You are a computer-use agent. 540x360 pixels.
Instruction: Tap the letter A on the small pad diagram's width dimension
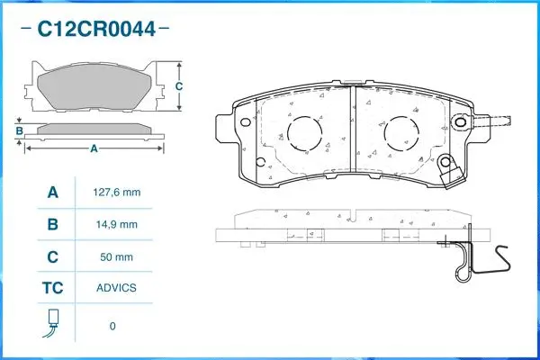point(94,148)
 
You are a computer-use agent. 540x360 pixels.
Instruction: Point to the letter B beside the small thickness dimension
point(19,132)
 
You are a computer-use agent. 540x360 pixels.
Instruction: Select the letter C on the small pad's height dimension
point(179,86)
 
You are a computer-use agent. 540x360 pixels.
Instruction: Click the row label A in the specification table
point(53,193)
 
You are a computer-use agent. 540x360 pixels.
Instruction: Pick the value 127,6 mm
point(118,193)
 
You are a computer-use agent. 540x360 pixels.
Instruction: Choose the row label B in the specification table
point(53,224)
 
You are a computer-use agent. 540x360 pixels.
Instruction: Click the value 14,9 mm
point(118,224)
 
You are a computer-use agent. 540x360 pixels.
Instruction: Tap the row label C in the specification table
point(53,256)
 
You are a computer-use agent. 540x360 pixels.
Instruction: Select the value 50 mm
point(118,256)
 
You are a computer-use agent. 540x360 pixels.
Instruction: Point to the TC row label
point(53,288)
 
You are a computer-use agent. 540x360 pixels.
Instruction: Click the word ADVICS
point(118,288)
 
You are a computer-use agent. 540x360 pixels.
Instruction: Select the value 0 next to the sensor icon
point(112,326)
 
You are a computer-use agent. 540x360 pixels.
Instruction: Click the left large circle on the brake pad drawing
point(303,136)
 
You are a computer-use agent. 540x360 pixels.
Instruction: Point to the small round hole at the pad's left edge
point(261,164)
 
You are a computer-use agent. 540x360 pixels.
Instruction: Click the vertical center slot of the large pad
point(353,135)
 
